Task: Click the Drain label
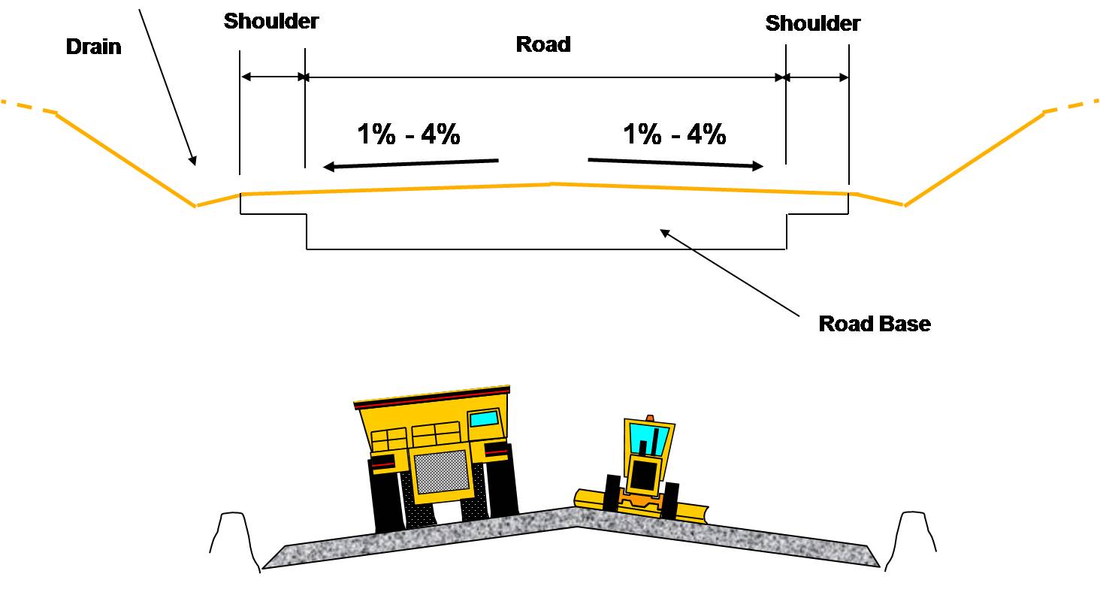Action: coord(93,47)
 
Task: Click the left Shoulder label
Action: coord(271,21)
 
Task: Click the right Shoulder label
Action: coord(812,23)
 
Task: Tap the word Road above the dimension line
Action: coord(542,44)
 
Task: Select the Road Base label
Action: coord(874,324)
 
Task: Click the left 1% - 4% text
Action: coord(408,135)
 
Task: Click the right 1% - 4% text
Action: coord(674,135)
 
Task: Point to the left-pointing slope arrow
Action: coord(410,164)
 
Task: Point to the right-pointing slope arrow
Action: coord(675,163)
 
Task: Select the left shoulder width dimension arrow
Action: coord(272,77)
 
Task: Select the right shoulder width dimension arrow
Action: coord(817,77)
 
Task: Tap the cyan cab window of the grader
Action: coord(645,439)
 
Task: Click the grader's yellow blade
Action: coord(691,513)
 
